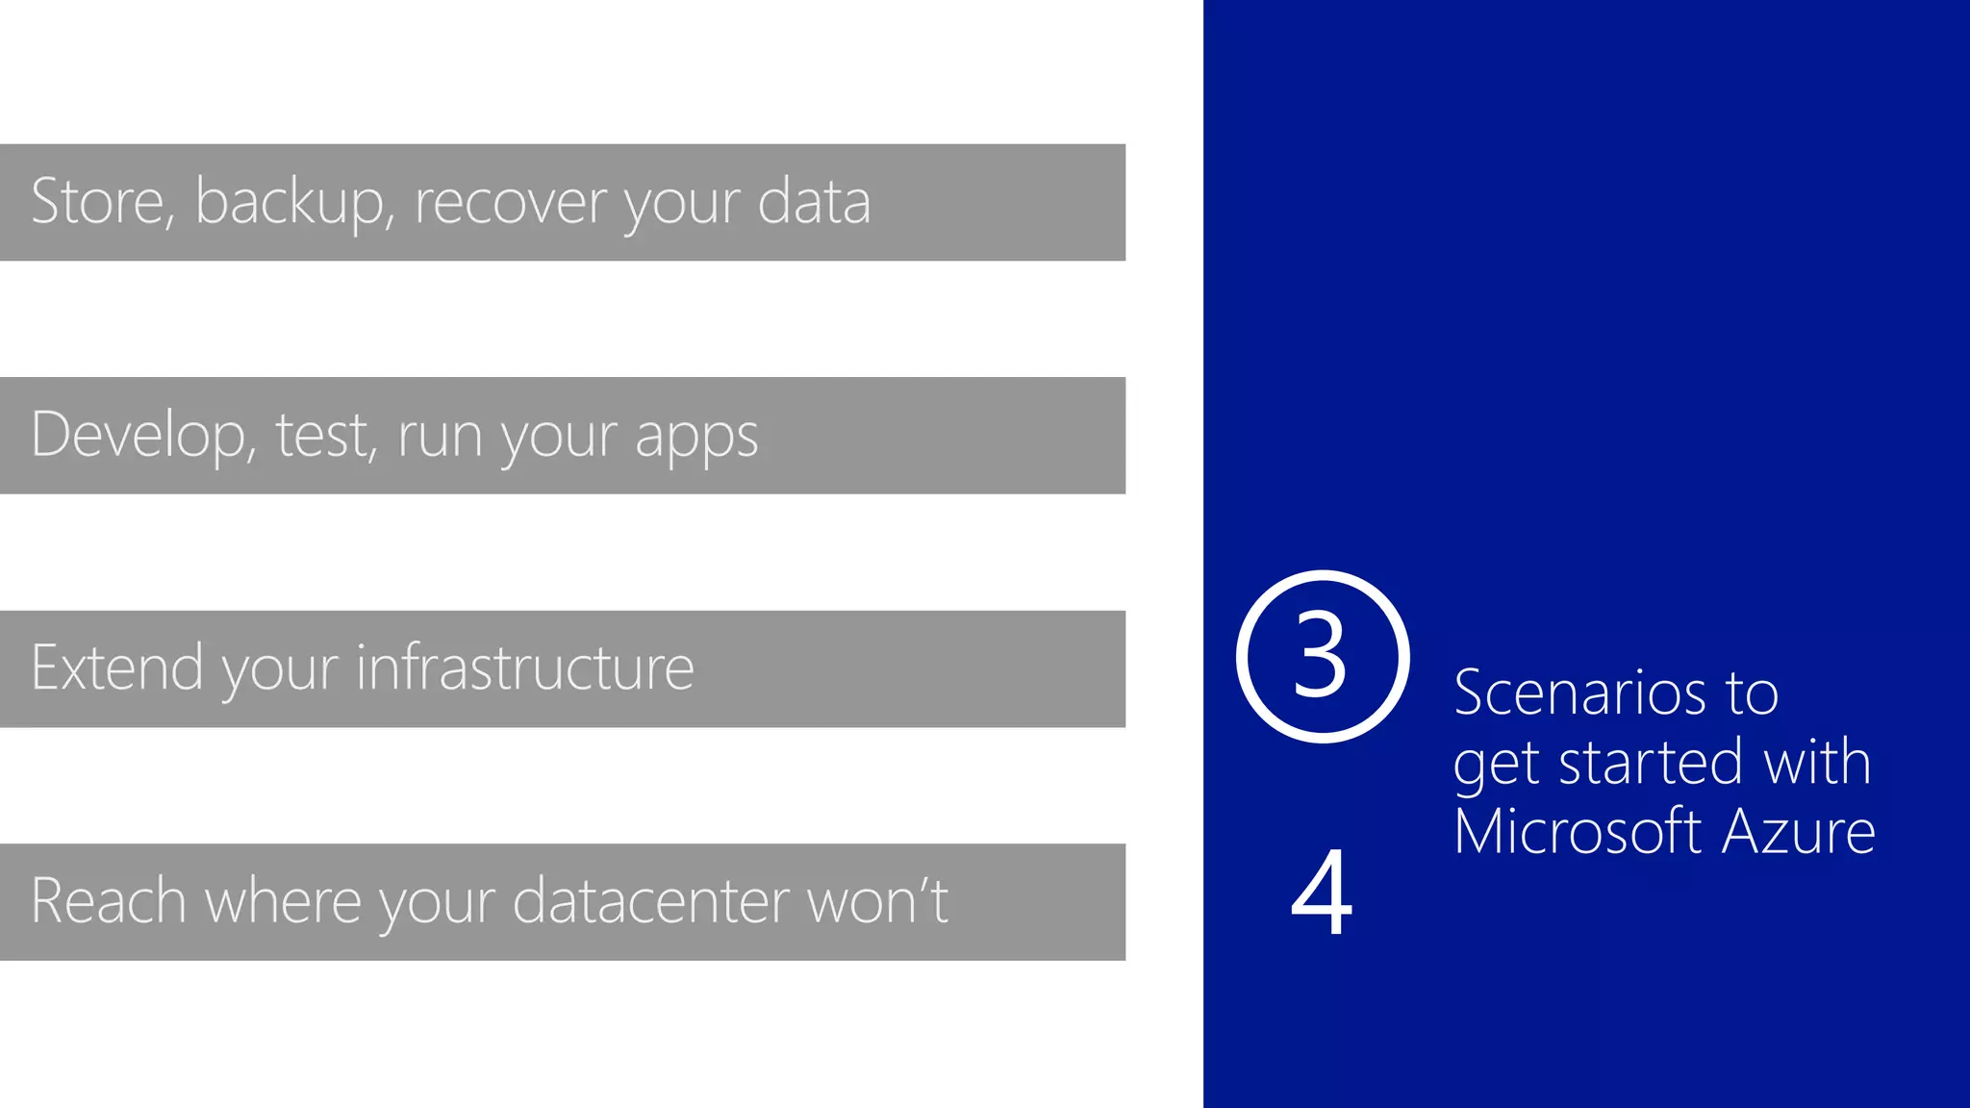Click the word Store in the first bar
coord(97,202)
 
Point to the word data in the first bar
coord(814,202)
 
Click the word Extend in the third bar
coord(117,667)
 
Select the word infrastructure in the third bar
coord(525,667)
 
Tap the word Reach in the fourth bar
coord(109,901)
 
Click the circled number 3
coord(1322,657)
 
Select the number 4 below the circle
coord(1322,893)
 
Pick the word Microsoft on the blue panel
coord(1579,831)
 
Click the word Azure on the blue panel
coord(1799,831)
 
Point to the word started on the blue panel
coord(1650,762)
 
